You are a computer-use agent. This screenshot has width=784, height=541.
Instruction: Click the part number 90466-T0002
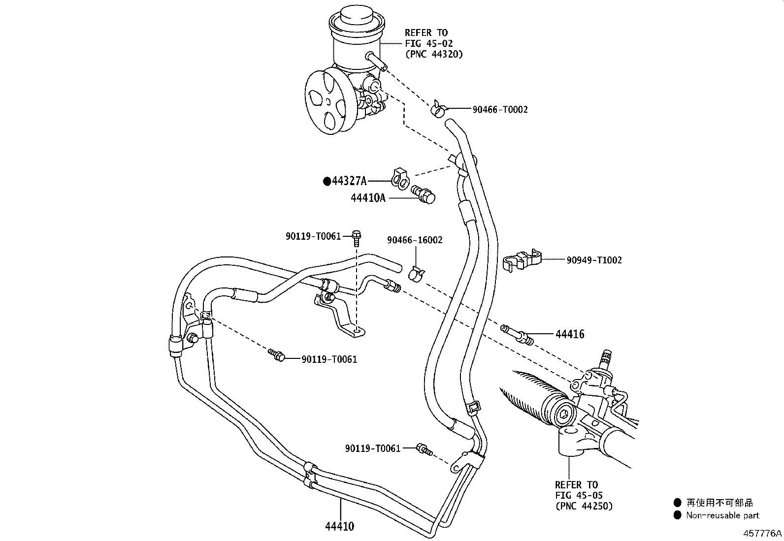[500, 109]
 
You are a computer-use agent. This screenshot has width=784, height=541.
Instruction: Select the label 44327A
[349, 181]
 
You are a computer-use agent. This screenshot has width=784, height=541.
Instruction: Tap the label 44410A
[368, 198]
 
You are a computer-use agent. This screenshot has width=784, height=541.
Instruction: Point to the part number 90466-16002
[415, 240]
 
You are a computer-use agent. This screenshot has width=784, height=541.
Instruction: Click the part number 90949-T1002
[594, 260]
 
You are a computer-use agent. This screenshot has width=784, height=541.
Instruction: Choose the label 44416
[570, 335]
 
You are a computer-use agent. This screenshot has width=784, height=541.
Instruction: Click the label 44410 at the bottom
[339, 526]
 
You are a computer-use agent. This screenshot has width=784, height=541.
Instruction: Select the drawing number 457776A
[762, 533]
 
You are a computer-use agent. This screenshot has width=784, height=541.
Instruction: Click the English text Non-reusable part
[723, 515]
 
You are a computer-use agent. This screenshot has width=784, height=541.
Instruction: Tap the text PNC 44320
[434, 55]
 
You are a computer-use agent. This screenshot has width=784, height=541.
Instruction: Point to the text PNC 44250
[584, 506]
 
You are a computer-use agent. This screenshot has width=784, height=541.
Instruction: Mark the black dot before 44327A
[327, 181]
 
